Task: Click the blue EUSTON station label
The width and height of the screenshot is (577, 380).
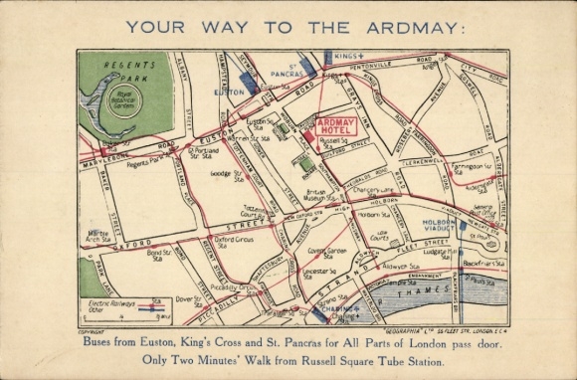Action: pos(228,91)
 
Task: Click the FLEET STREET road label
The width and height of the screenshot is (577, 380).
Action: pos(418,244)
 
